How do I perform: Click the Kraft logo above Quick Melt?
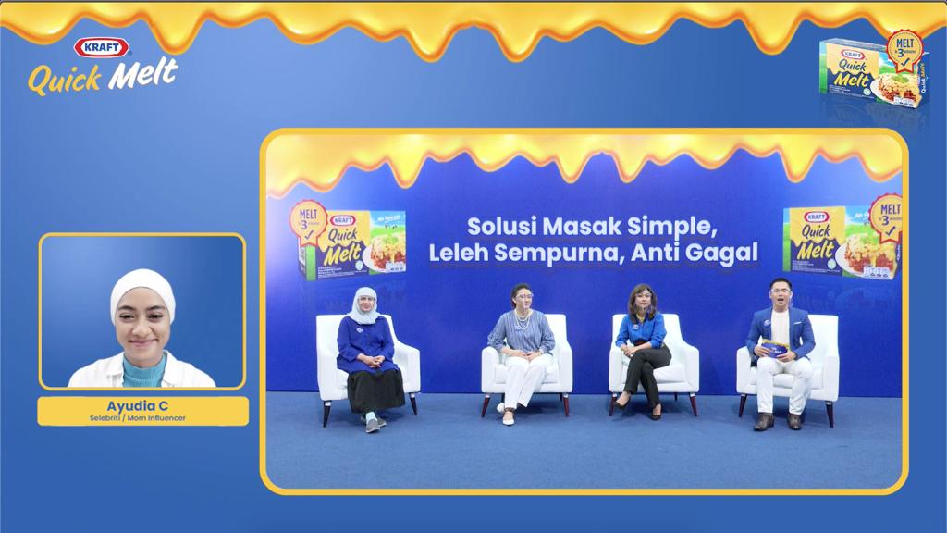coord(102,48)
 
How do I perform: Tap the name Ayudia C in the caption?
coord(142,405)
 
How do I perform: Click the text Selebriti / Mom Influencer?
coord(142,417)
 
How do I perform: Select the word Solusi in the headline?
coord(500,227)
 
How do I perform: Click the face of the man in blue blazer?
coord(779,295)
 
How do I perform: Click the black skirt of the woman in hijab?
coord(375,389)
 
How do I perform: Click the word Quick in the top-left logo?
coord(65,80)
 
